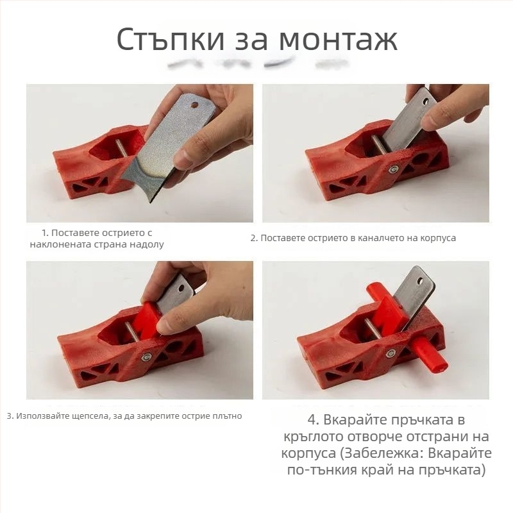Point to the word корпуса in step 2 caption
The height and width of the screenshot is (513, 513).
click(437, 238)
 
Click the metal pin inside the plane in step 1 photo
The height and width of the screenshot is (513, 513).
click(121, 147)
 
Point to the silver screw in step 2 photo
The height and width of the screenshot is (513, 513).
click(393, 169)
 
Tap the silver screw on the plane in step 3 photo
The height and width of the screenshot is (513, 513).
click(147, 357)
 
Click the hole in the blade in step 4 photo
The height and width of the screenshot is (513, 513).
click(421, 280)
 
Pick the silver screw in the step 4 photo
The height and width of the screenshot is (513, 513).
click(390, 353)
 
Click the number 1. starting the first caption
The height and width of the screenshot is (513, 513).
click(45, 232)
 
